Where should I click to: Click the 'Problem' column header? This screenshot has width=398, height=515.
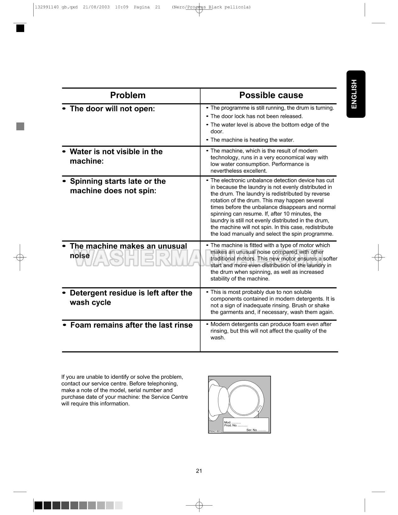[x=128, y=95]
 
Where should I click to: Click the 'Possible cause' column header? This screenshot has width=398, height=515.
[x=271, y=95]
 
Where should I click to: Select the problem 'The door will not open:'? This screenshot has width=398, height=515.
[x=112, y=109]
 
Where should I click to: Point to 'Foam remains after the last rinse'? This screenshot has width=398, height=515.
[x=131, y=325]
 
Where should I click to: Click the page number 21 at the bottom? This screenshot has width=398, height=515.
[x=199, y=471]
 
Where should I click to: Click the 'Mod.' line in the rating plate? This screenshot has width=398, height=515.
[x=232, y=422]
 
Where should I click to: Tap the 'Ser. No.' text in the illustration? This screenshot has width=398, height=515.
[x=256, y=430]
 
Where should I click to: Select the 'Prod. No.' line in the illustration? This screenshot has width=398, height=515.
[x=236, y=426]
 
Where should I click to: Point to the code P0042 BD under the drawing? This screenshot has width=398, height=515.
[x=215, y=431]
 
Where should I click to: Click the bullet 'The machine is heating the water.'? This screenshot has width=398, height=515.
[x=252, y=140]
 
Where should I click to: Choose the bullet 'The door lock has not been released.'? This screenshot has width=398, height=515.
[x=256, y=117]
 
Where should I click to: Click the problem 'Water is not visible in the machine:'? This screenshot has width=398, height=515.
[x=116, y=156]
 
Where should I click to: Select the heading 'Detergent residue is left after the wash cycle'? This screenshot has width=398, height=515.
[x=131, y=298]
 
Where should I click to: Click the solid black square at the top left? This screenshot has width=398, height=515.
[x=20, y=28]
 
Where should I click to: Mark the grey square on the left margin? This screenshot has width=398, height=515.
[x=20, y=126]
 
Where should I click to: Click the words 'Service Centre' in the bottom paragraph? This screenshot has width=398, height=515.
[x=169, y=397]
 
